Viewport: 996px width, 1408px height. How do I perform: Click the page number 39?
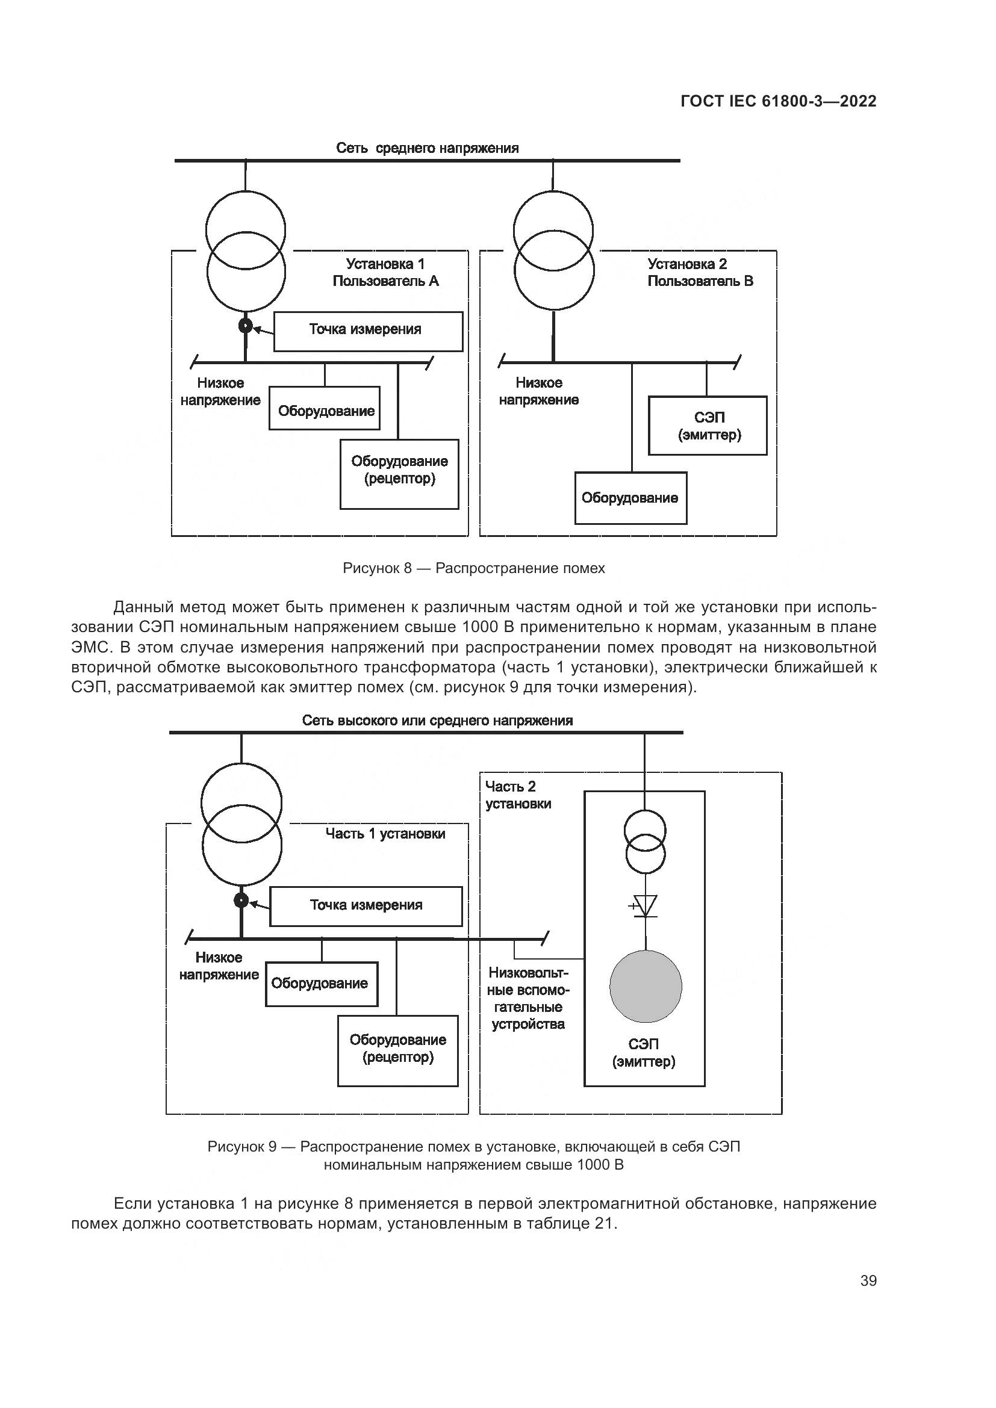868,1280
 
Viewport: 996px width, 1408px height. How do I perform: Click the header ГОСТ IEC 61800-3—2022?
778,102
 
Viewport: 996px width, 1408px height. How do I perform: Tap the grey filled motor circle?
645,987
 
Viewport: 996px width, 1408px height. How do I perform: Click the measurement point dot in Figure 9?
241,900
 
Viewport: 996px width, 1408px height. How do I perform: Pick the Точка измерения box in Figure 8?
368,331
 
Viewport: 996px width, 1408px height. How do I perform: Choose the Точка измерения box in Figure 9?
366,906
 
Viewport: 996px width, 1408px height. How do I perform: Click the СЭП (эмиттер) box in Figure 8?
708,426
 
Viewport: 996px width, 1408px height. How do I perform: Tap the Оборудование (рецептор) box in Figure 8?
399,474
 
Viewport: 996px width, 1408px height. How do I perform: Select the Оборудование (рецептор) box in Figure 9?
397,1051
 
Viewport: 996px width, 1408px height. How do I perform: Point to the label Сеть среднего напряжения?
428,149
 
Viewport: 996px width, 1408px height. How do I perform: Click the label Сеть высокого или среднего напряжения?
437,721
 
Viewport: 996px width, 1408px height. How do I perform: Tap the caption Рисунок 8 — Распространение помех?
473,568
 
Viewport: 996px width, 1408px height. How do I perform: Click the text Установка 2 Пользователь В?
700,273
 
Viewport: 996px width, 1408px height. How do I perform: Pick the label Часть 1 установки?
385,833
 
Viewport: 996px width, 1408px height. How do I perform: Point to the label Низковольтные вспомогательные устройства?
529,997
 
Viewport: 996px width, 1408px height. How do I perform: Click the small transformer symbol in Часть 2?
645,841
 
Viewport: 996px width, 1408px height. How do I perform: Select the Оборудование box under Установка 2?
630,498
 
